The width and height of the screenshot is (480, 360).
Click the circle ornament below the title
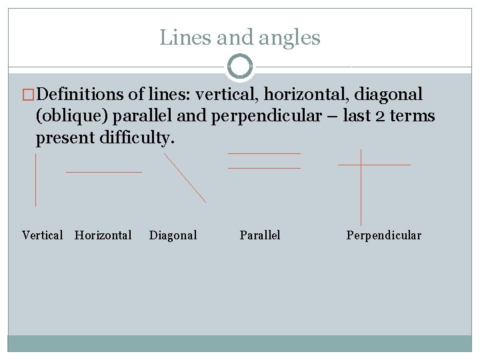click(240, 67)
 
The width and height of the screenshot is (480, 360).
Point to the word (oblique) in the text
click(72, 117)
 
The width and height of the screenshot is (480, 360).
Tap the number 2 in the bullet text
click(379, 117)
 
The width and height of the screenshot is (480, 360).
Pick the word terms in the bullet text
click(413, 117)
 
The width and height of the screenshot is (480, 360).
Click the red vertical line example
click(35, 180)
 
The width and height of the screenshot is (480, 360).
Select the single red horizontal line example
click(104, 172)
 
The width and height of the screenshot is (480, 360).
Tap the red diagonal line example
click(185, 177)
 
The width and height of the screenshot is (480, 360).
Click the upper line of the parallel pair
click(264, 154)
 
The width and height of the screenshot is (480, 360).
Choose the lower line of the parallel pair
click(264, 168)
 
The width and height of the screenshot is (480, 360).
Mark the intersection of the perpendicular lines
click(361, 164)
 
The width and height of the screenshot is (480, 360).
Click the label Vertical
click(43, 235)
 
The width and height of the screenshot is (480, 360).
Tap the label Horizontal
click(103, 235)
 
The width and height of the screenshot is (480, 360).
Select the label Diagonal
click(173, 235)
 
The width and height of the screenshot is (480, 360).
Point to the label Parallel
click(260, 235)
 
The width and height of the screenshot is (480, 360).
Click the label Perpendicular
click(384, 235)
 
